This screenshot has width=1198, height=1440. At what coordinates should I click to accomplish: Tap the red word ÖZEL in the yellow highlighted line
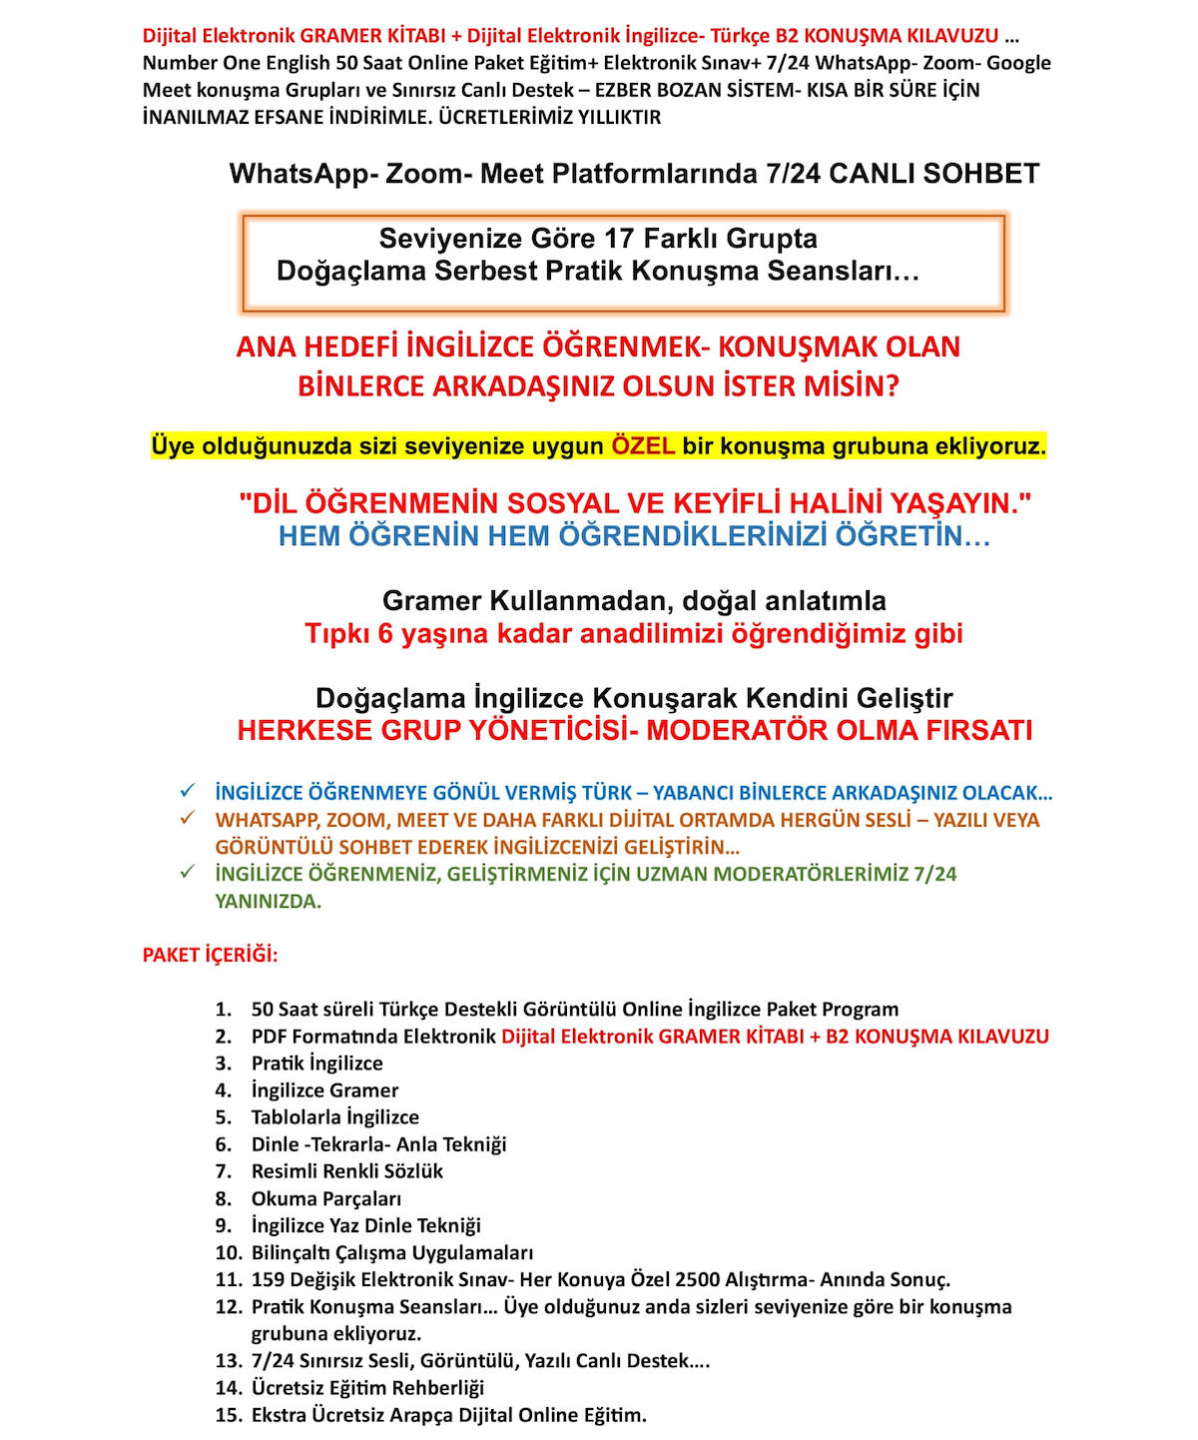point(643,445)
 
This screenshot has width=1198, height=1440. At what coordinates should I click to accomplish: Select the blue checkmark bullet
point(187,791)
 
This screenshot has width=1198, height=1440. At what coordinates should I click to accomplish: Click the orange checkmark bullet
point(187,818)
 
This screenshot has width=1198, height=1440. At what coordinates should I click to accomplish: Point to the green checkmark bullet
point(187,872)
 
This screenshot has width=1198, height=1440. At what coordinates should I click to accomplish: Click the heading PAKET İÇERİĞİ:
point(210,955)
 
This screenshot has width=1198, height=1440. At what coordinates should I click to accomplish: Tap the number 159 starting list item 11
point(268,1279)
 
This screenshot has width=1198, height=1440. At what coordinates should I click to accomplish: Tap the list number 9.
point(224,1225)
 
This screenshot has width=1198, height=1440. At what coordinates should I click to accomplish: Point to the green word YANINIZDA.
point(268,901)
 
